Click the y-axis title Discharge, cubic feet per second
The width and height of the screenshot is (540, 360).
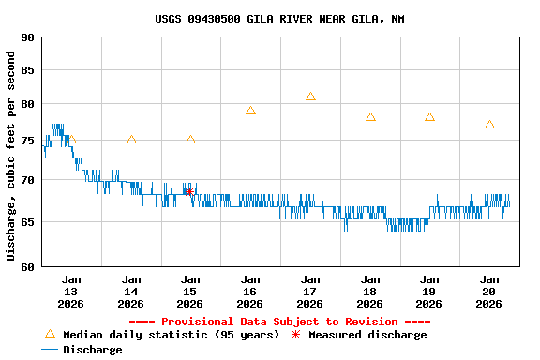pos(10,156)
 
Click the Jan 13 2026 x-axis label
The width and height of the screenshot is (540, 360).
pos(71,291)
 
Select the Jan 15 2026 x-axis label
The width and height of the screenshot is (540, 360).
pos(190,291)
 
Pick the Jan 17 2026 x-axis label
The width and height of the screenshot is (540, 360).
pos(310,291)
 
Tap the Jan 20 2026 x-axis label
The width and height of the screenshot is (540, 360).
pos(489,291)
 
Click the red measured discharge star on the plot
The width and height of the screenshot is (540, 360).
pos(189,191)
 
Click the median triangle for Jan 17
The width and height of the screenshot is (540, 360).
pos(310,97)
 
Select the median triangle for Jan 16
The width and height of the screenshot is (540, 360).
pos(250,111)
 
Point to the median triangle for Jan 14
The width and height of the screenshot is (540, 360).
pos(131,140)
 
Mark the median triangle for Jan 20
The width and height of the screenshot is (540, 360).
pos(489,125)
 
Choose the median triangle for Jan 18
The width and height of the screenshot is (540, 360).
pos(370,117)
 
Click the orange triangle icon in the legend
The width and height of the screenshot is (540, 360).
pos(51,334)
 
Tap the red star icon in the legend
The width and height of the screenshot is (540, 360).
pos(296,335)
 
